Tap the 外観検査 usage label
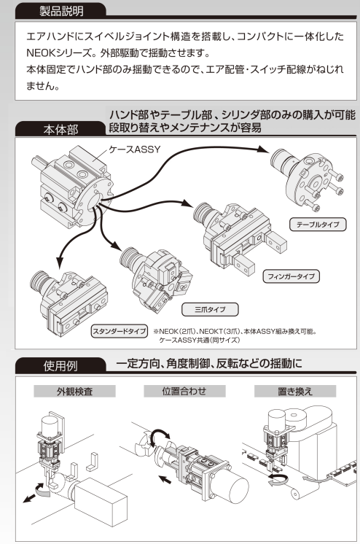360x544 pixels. tap(75, 391)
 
